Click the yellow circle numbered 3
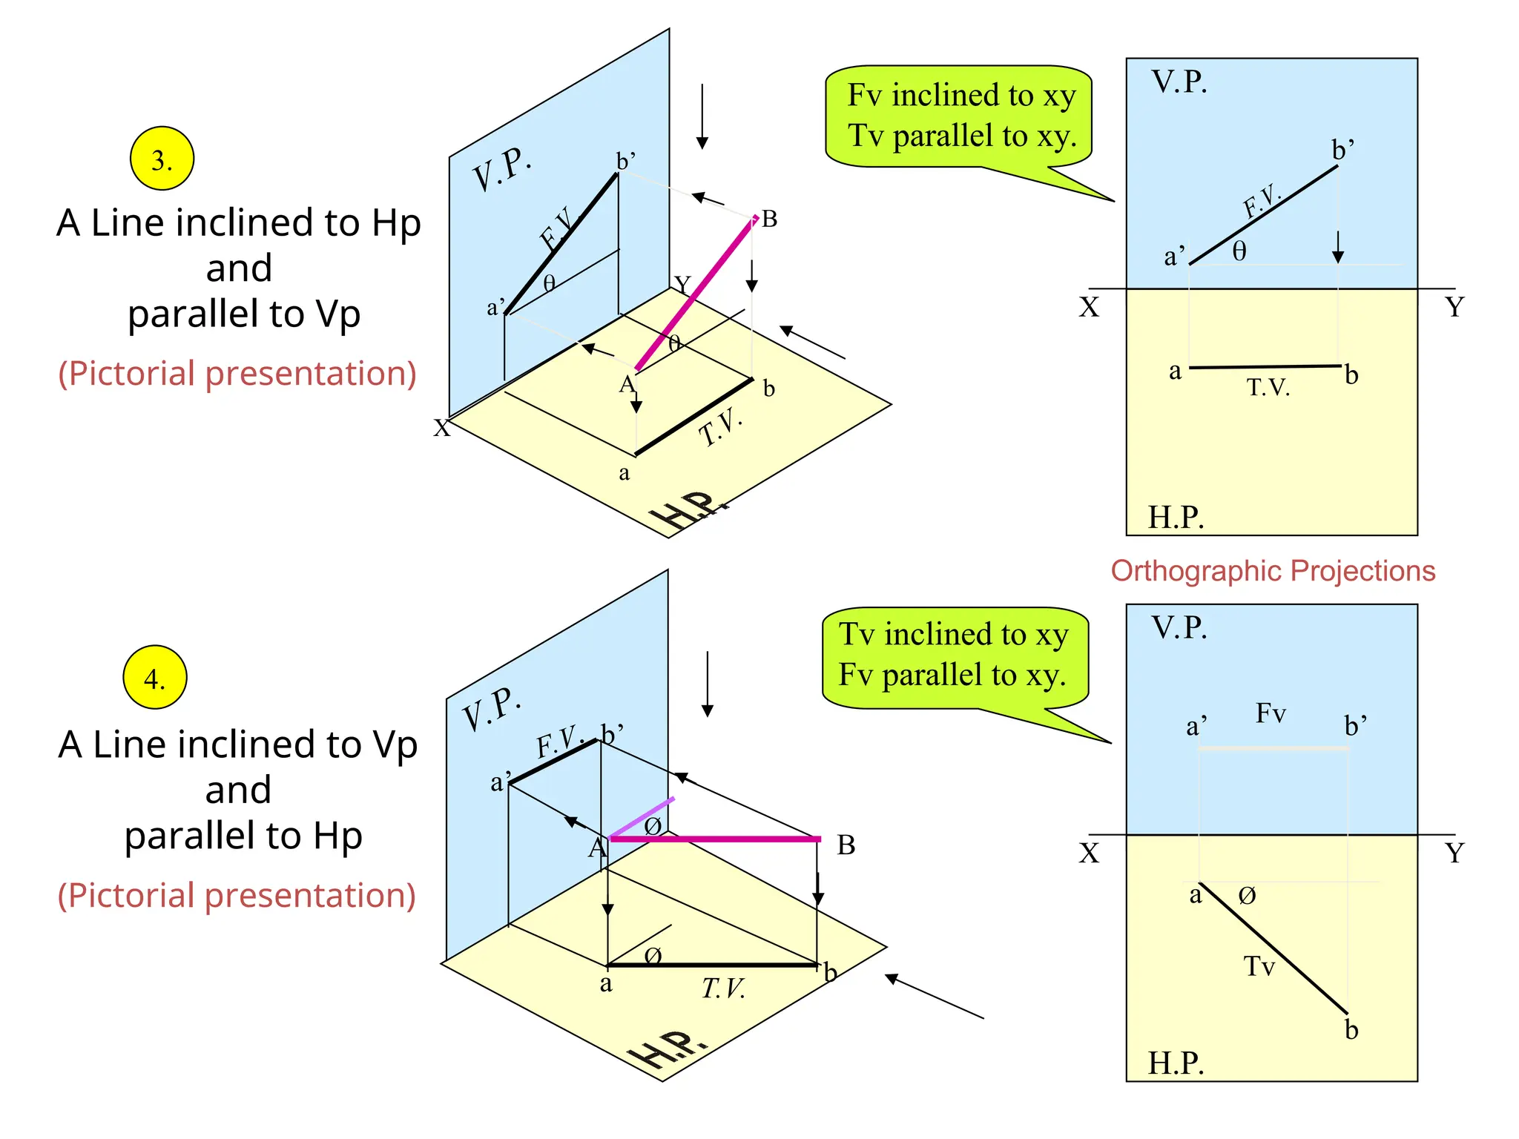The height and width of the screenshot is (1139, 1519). click(162, 159)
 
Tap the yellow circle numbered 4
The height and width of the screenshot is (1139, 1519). click(155, 677)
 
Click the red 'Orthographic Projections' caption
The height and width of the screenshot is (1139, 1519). click(1273, 571)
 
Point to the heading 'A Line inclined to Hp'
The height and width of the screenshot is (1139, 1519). click(239, 222)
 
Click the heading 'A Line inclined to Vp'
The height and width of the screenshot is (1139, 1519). click(238, 744)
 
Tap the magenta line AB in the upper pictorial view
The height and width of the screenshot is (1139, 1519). click(696, 294)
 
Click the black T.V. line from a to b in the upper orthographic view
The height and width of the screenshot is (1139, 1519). click(1265, 366)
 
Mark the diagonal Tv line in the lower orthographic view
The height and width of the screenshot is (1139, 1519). click(1273, 948)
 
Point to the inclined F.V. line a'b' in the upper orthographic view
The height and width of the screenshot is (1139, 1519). click(1264, 214)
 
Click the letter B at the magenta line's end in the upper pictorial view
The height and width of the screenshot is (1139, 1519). click(770, 219)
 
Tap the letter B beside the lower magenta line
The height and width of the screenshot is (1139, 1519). click(846, 845)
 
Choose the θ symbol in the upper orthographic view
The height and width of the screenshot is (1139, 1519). click(1239, 251)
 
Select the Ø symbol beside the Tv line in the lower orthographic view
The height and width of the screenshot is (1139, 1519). click(1248, 896)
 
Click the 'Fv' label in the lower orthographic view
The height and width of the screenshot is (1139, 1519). click(1271, 713)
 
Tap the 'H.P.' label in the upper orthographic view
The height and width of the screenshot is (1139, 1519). click(1176, 517)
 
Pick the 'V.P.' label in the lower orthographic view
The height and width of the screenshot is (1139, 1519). click(1179, 627)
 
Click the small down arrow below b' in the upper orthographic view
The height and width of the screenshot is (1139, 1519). click(1338, 248)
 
